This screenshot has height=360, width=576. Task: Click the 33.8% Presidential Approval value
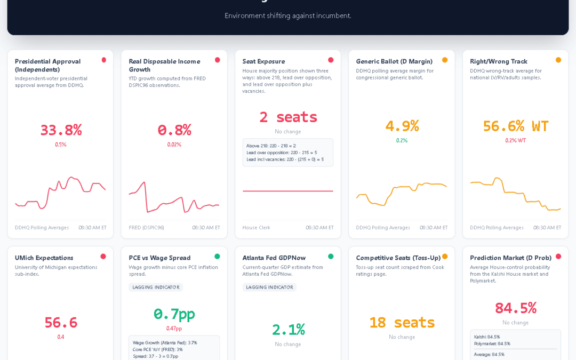[x=61, y=130]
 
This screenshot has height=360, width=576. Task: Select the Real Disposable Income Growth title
[x=164, y=65]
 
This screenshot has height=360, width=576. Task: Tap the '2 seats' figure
[x=288, y=117]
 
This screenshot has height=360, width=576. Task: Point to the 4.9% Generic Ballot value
[x=402, y=126]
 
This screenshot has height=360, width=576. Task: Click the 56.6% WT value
[x=515, y=126]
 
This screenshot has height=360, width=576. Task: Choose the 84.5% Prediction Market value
[x=515, y=308]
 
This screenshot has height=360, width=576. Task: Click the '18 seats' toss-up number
[x=402, y=322]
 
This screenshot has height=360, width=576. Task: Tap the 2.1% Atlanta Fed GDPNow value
[x=288, y=329]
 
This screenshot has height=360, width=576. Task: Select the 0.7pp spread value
[x=174, y=314]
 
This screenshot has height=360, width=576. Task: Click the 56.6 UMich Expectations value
[x=61, y=322]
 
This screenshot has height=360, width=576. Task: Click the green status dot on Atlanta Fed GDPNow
[x=331, y=257]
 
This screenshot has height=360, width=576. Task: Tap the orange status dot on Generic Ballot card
[x=445, y=60]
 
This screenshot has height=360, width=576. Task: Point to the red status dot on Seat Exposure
[x=331, y=60]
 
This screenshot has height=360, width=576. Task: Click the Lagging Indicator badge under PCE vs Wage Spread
[x=156, y=287]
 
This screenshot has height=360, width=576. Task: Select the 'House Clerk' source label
[x=257, y=228]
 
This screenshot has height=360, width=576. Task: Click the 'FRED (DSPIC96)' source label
[x=147, y=228]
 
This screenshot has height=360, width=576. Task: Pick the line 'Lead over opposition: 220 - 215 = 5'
[x=282, y=153]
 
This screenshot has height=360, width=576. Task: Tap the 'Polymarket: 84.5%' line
[x=492, y=343]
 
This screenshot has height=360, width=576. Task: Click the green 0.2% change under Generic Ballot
[x=402, y=141]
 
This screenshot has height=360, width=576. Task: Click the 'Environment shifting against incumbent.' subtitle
[x=288, y=15]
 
